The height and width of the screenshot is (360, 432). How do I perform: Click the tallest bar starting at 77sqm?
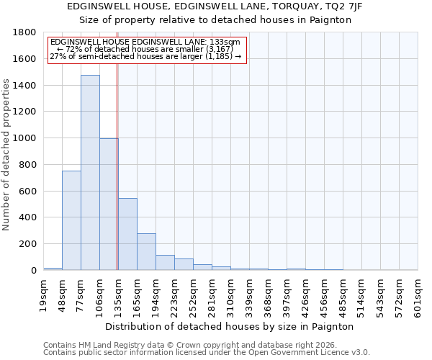(90, 173)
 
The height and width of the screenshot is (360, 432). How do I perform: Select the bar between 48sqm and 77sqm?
(71, 220)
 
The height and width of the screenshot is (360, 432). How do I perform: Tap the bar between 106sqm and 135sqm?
(109, 204)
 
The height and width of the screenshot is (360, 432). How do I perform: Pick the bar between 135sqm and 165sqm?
(127, 234)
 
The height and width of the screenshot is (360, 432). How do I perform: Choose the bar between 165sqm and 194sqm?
(146, 252)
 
